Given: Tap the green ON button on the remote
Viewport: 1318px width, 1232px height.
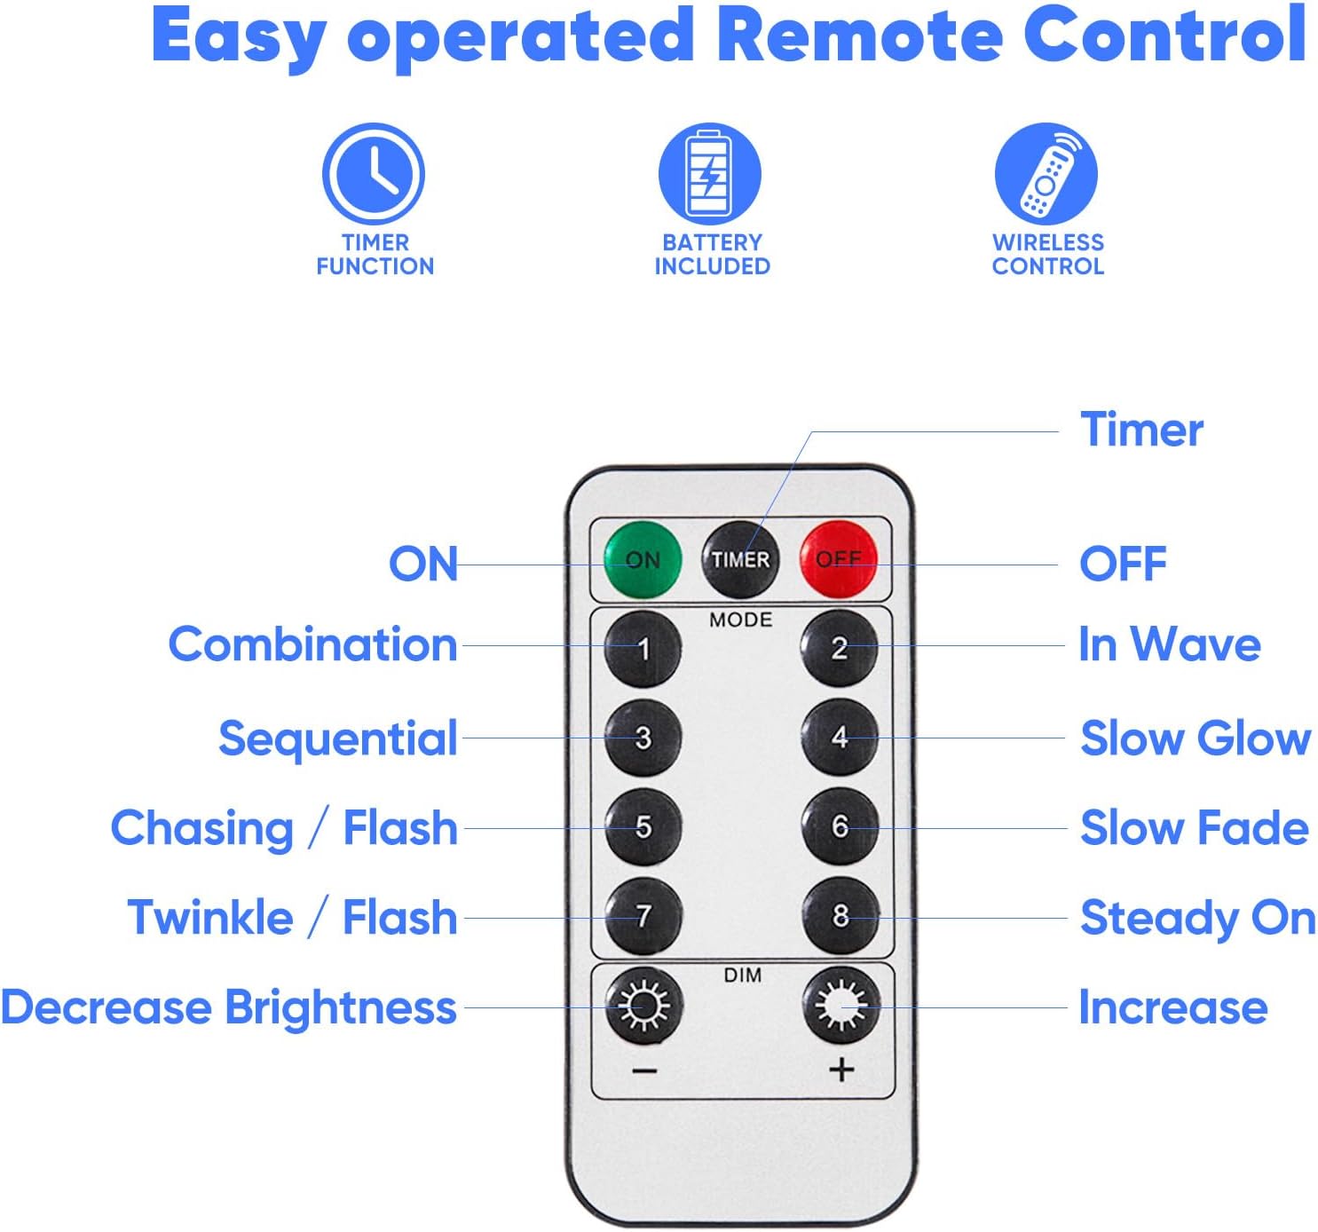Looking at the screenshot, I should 643,560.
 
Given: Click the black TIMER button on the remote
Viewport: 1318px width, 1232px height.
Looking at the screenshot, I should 740,560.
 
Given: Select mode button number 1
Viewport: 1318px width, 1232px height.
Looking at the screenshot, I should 643,649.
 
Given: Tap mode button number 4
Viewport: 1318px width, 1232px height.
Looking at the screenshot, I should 840,737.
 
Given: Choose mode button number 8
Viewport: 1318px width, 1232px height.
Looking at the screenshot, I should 840,915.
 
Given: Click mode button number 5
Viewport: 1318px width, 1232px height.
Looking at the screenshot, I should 643,826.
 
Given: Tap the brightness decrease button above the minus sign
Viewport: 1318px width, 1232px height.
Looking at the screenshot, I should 644,1006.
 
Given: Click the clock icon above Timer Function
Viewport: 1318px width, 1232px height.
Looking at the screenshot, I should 374,174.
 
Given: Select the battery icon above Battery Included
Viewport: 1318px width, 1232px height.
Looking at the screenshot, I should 710,174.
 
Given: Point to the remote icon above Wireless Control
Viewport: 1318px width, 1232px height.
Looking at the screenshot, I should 1046,174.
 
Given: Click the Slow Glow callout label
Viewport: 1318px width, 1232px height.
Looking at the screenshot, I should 1195,738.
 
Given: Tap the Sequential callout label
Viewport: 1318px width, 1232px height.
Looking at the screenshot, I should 338,738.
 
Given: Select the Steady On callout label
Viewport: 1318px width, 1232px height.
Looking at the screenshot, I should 1197,917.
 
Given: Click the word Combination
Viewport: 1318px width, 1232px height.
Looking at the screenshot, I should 312,644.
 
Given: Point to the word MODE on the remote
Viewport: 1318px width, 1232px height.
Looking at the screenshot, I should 741,620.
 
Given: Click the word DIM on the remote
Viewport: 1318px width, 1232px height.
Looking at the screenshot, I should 742,975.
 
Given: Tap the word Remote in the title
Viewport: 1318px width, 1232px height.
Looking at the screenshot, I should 860,36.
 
